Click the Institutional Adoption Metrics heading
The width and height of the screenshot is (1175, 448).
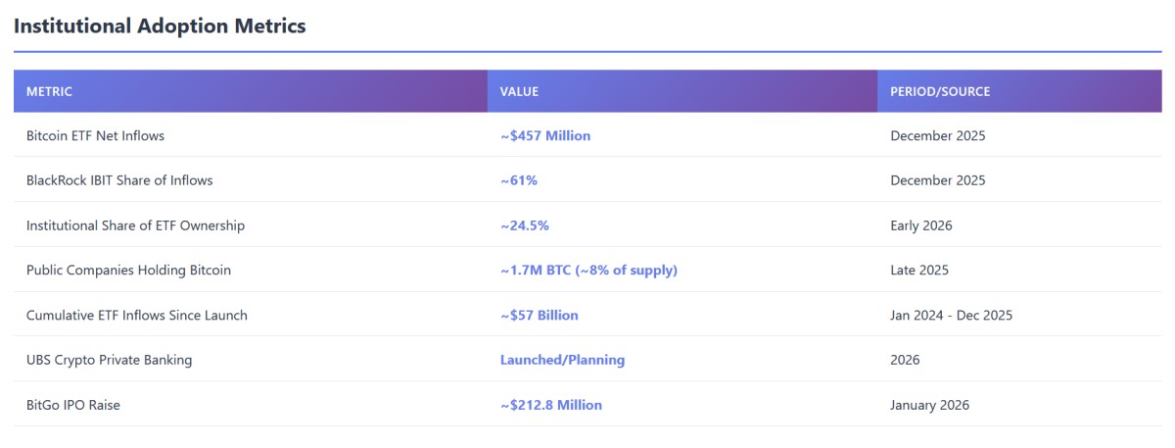point(160,26)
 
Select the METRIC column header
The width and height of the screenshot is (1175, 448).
point(49,91)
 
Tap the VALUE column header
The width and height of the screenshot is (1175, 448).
point(519,91)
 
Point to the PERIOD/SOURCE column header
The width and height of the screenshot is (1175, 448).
point(940,91)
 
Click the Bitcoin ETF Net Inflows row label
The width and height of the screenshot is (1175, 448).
point(95,136)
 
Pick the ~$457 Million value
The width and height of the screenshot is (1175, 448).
point(545,136)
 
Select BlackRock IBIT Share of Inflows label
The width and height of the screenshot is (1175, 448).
point(119,180)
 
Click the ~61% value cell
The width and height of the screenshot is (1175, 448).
point(519,180)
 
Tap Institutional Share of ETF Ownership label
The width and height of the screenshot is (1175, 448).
point(135,225)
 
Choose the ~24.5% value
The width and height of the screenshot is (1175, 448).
point(525,225)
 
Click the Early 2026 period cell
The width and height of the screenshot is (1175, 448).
point(921,225)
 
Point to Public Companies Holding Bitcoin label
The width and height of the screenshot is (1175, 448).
point(128,271)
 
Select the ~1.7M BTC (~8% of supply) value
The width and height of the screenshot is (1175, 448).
point(588,271)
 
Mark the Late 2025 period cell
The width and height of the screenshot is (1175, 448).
point(919,271)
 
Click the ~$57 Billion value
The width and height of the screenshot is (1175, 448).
point(540,316)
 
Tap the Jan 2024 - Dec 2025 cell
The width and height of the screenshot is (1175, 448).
point(952,316)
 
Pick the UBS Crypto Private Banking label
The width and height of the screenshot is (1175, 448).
point(109,360)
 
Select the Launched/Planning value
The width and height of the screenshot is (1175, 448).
point(562,360)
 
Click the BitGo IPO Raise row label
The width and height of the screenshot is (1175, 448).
point(73,405)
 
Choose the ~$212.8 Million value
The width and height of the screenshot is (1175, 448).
point(551,405)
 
